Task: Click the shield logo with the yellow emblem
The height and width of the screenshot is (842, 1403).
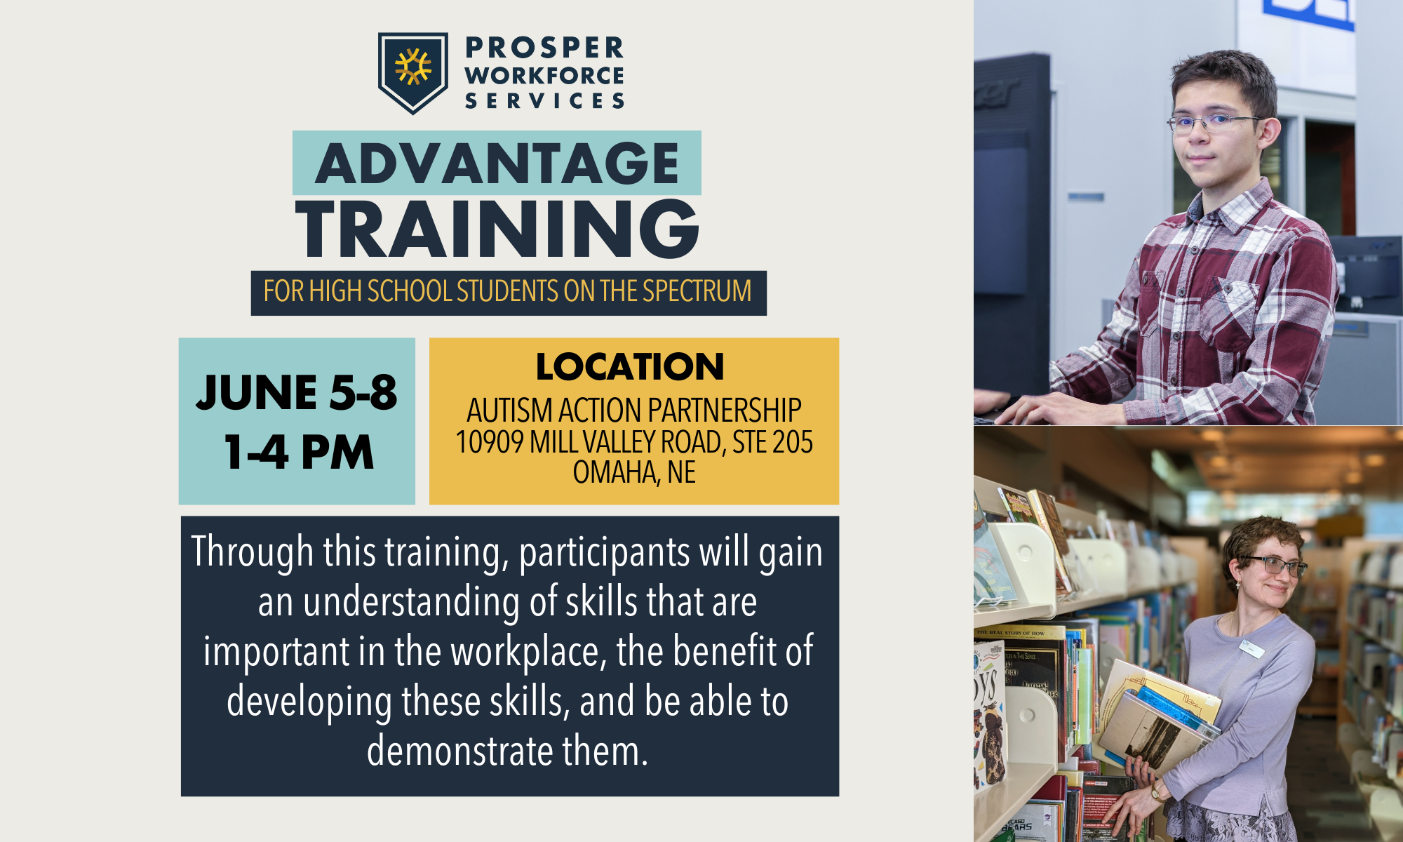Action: coord(412,71)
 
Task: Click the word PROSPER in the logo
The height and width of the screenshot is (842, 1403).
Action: coord(544,48)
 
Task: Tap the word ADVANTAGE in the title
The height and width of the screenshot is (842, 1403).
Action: coord(497,163)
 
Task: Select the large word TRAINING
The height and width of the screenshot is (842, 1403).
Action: coord(497,229)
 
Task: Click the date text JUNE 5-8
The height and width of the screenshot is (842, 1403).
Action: coord(296,392)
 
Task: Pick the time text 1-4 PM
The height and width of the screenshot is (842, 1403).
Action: coord(299,453)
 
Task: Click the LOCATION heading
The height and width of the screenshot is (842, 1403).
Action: coord(630,367)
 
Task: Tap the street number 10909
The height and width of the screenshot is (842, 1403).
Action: coord(490,442)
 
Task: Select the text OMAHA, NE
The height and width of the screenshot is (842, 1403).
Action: coord(634,472)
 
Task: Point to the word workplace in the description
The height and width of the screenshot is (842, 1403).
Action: coord(525,652)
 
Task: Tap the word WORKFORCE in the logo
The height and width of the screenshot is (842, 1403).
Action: coord(544,75)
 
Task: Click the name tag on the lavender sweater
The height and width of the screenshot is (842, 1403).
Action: coord(1251,648)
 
